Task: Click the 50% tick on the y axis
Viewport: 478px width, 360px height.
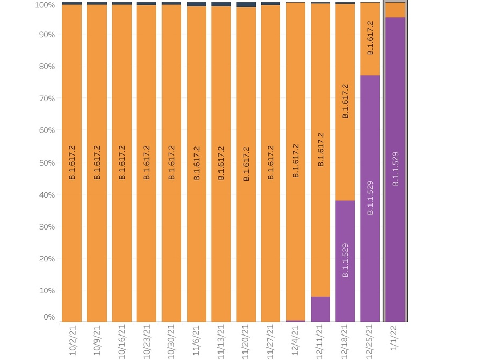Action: (x=47, y=162)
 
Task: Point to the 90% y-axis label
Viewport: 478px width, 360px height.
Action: (x=47, y=35)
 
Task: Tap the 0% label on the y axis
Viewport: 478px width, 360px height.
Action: (x=49, y=317)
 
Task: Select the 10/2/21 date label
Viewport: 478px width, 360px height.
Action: (x=72, y=340)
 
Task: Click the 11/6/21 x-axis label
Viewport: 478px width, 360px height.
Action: (x=196, y=340)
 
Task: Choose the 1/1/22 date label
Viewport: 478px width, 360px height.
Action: (x=394, y=338)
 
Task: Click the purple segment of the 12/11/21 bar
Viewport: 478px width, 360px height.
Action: (x=321, y=309)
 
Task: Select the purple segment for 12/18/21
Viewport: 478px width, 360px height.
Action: (x=345, y=261)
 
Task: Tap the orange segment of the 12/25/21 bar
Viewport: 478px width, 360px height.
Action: (x=370, y=39)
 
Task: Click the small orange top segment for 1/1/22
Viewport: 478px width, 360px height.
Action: (x=395, y=10)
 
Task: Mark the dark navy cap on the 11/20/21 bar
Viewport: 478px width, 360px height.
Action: (x=246, y=5)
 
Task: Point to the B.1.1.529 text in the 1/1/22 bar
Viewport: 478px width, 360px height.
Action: (x=395, y=169)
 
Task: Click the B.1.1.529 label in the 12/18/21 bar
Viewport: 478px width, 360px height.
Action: (x=345, y=260)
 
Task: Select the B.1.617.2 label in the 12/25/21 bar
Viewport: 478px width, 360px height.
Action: (x=370, y=38)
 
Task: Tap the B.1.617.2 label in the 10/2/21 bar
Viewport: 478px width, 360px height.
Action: (x=72, y=162)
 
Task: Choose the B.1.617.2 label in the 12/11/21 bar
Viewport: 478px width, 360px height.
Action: (x=321, y=150)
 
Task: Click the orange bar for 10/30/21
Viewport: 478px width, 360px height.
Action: (x=172, y=163)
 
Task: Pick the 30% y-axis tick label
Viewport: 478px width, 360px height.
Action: (x=47, y=227)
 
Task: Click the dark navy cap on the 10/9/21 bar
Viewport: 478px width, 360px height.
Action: (x=97, y=3)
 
